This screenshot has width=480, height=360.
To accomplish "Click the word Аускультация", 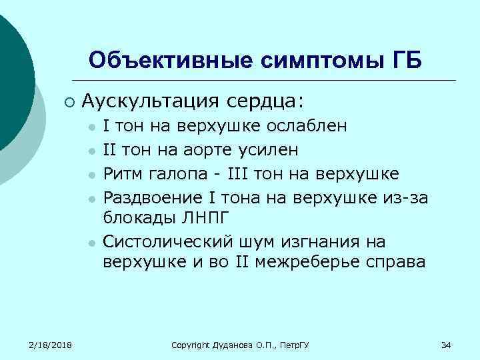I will pyautogui.click(x=150, y=101).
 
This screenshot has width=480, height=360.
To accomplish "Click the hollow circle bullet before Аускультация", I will pyautogui.click(x=69, y=102).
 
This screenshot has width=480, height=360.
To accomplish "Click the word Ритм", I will pyautogui.click(x=123, y=174).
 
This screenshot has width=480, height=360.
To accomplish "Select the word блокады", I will pyautogui.click(x=134, y=218).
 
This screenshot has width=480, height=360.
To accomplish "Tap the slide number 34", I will pyautogui.click(x=447, y=345).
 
